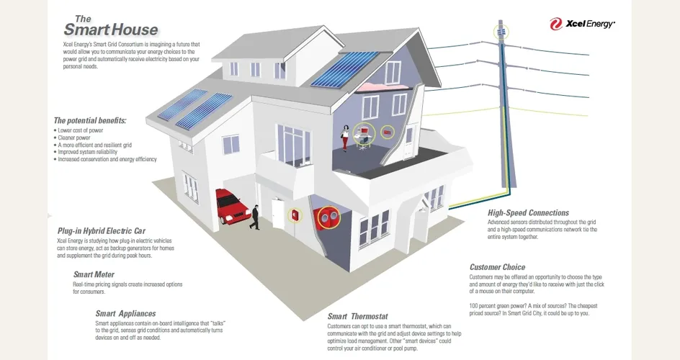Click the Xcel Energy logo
(x=582, y=24)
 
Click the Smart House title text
(x=111, y=26)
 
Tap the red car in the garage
(x=232, y=205)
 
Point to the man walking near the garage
(x=255, y=217)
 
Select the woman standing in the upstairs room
(x=345, y=138)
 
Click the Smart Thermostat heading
(x=358, y=316)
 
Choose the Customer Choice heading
(x=498, y=267)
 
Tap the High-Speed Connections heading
(x=528, y=212)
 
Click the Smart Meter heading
(x=94, y=274)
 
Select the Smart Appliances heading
(x=126, y=314)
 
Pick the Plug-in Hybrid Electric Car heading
(x=102, y=231)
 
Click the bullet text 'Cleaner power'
(x=74, y=138)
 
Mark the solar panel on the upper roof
(x=345, y=68)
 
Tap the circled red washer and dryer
(x=328, y=217)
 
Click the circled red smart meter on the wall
(x=295, y=215)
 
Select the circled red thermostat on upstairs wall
(x=387, y=132)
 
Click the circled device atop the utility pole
(x=501, y=32)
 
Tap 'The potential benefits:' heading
(x=90, y=120)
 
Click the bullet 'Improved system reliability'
(x=88, y=152)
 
